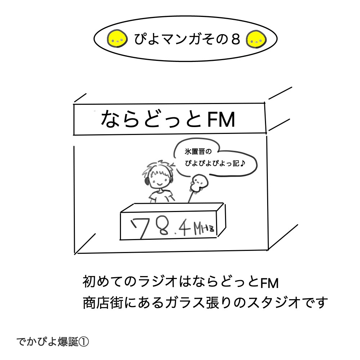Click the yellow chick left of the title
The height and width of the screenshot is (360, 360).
117,39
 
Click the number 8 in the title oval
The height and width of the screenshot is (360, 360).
235,39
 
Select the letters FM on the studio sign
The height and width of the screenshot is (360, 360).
221,120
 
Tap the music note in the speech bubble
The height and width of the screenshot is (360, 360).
242,163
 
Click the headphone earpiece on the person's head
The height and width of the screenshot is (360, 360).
147,181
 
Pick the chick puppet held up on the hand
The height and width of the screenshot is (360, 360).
199,183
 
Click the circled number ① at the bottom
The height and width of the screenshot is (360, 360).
84,342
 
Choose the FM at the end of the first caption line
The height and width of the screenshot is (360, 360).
269,283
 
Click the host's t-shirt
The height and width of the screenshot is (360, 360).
161,196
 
